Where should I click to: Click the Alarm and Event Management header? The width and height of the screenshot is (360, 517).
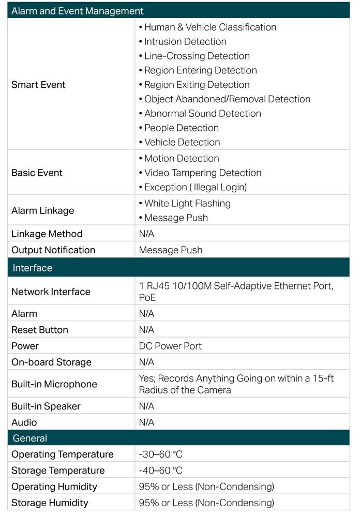[x=77, y=11]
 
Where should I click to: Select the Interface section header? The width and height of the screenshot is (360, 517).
[x=33, y=268]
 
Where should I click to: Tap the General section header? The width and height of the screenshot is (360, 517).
[x=30, y=438]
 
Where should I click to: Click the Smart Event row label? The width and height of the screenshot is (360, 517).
[x=38, y=85]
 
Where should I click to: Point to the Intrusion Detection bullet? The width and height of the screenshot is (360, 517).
[x=183, y=41]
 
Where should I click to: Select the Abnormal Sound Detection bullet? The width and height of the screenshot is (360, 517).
[x=200, y=113]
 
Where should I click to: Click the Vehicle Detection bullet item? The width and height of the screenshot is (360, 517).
[x=179, y=142]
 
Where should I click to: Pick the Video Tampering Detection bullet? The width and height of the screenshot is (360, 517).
[x=200, y=173]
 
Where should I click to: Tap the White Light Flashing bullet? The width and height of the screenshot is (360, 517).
[x=185, y=203]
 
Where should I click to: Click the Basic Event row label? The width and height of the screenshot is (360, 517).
[x=37, y=173]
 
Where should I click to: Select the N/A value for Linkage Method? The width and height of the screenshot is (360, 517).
[x=146, y=234]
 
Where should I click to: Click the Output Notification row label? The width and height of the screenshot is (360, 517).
[x=53, y=250]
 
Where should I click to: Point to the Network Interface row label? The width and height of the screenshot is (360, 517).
[x=51, y=292]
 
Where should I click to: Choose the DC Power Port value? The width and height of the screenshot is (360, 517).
[x=170, y=346]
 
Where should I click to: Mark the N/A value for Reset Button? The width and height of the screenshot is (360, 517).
[x=146, y=330]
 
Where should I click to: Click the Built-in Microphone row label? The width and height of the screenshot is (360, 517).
[x=54, y=384]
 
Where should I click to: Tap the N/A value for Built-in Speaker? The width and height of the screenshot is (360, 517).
[x=146, y=406]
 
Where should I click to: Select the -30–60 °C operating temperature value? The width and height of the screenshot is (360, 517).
[x=161, y=454]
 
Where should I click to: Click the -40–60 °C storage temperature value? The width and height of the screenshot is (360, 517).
[x=161, y=470]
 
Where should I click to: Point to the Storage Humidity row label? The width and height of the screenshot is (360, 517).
[x=50, y=503]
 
